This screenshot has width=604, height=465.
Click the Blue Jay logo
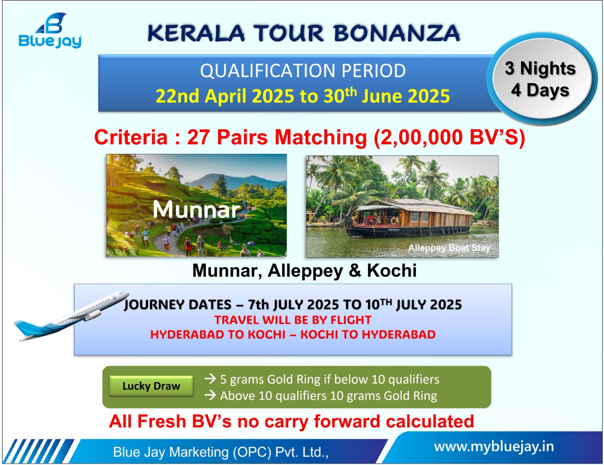[50, 31]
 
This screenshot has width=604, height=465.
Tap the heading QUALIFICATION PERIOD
[303, 71]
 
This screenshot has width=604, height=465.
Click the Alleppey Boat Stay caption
[449, 248]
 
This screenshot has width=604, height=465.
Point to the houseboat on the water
[408, 217]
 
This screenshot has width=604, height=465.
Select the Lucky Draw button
[151, 386]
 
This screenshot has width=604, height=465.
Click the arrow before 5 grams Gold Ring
[210, 379]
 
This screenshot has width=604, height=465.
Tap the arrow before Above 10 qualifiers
[210, 395]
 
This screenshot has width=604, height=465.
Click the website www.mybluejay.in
[494, 447]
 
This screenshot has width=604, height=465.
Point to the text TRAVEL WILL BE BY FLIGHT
[293, 320]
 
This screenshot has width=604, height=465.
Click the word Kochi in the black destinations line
[391, 271]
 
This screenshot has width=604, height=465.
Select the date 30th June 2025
[387, 96]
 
